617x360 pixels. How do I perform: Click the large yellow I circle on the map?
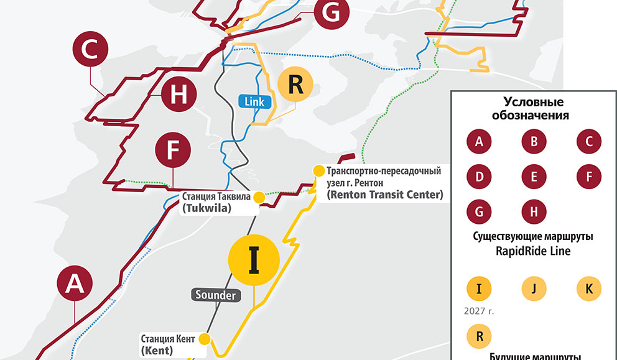254,260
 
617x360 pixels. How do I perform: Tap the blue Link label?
255,102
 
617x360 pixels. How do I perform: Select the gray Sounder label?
215,295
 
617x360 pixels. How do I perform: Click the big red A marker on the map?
75,284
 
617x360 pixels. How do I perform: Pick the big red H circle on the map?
179,95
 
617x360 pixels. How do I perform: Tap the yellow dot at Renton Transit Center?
318,171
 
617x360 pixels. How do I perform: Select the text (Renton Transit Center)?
384,195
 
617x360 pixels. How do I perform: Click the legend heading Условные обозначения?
533,109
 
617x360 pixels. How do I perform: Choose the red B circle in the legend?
534,142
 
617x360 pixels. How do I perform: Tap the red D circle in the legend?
479,177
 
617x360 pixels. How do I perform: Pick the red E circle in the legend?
534,177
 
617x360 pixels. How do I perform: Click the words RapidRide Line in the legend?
533,252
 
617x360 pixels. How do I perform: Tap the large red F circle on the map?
172,150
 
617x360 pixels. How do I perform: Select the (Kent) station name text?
157,351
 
